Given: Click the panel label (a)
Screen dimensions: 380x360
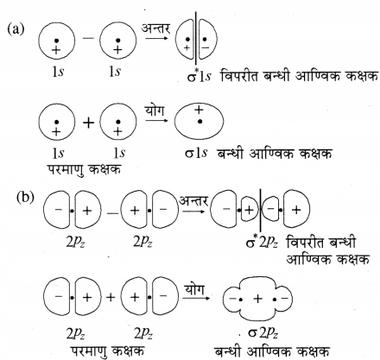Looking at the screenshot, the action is click(x=16, y=29).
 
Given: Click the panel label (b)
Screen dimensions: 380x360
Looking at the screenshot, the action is click(x=25, y=198).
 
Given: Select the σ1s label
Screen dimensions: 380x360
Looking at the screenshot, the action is click(x=196, y=153).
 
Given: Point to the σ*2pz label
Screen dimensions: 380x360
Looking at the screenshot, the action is click(x=262, y=243).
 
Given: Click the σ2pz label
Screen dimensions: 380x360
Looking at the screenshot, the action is click(x=263, y=333).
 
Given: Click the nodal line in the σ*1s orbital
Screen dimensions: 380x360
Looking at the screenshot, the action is click(x=196, y=38).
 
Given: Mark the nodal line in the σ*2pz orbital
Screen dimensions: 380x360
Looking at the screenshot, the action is click(x=261, y=211).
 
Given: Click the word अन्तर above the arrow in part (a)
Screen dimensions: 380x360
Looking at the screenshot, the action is click(x=156, y=28).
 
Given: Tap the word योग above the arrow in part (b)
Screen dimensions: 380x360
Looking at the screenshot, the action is click(x=194, y=289).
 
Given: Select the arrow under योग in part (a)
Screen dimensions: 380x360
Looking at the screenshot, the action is click(x=156, y=120).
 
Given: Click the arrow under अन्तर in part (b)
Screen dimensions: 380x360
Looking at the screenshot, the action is click(x=193, y=212).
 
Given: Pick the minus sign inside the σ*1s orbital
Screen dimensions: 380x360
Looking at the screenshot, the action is click(x=206, y=47).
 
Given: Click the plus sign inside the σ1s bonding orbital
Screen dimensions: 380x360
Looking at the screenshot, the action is click(x=199, y=110).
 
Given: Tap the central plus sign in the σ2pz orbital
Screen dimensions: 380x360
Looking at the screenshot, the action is click(x=257, y=299).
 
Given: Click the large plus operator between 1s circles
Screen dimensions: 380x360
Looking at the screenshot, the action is click(x=89, y=123).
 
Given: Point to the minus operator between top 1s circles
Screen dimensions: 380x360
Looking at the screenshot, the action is click(x=88, y=38).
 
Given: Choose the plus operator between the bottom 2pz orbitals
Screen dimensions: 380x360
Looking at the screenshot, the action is click(x=111, y=297).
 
